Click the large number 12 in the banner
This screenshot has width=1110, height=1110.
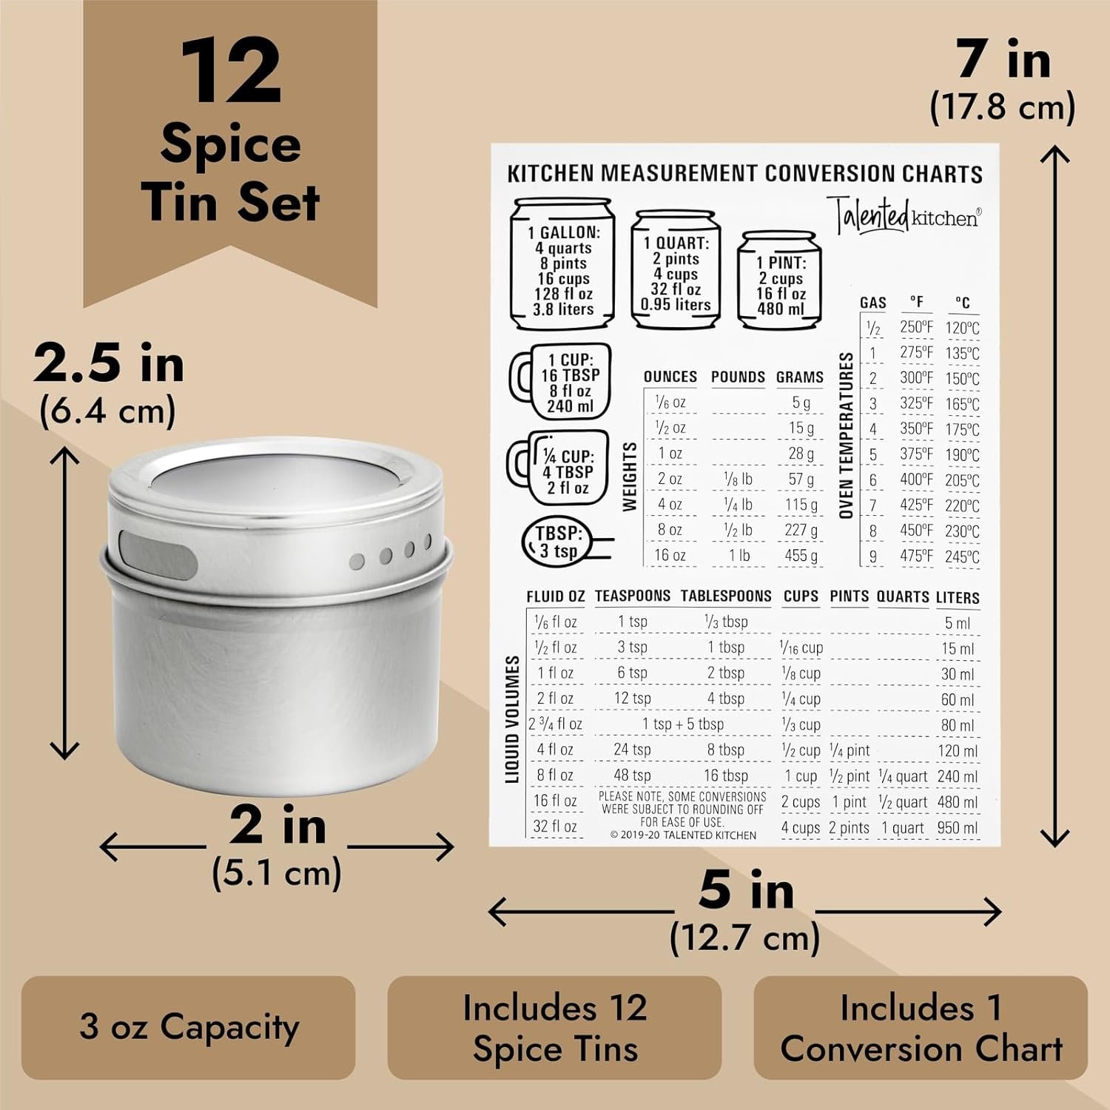pyautogui.click(x=231, y=72)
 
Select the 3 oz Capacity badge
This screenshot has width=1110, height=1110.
pyautogui.click(x=189, y=1027)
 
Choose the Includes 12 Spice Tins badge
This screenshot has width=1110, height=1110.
pyautogui.click(x=554, y=1027)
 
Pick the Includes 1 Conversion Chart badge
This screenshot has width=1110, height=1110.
pyautogui.click(x=921, y=1027)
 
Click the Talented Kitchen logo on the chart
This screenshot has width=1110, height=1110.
pyautogui.click(x=904, y=215)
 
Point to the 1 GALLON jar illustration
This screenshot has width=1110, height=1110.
pyautogui.click(x=563, y=263)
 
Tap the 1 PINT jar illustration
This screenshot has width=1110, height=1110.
pyautogui.click(x=780, y=280)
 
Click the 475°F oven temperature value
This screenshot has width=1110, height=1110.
pyautogui.click(x=916, y=555)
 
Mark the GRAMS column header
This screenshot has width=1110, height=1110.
pyautogui.click(x=799, y=377)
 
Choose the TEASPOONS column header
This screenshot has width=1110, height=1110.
pyautogui.click(x=632, y=596)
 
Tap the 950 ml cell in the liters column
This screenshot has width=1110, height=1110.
pyautogui.click(x=958, y=827)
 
